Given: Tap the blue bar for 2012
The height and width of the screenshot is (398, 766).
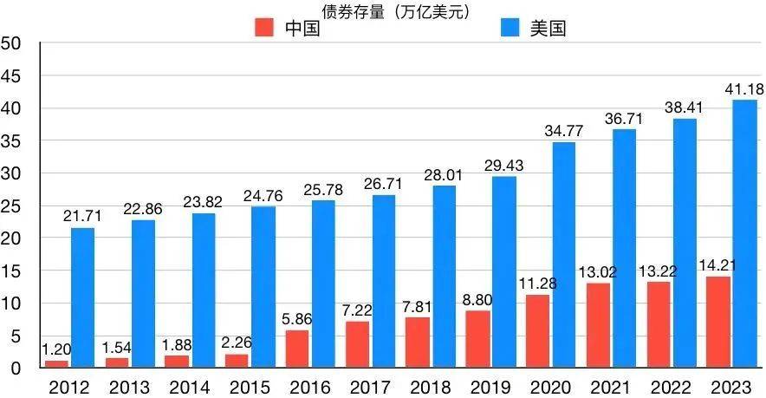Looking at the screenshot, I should click(x=83, y=297).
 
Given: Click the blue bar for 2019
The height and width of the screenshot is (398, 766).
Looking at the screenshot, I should click(x=504, y=272).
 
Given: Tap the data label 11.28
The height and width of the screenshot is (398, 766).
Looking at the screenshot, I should click(x=538, y=284).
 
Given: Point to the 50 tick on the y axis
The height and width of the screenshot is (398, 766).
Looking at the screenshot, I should click(x=11, y=43).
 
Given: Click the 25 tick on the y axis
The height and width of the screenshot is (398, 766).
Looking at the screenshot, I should click(x=11, y=206).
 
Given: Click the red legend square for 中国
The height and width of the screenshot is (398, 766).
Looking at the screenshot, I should click(x=264, y=28).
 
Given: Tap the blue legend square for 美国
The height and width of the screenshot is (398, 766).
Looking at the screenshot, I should click(x=512, y=28).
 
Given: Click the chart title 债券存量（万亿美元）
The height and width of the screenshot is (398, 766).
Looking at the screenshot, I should click(x=382, y=10).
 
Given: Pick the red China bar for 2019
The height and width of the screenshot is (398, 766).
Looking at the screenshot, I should click(x=477, y=339).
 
